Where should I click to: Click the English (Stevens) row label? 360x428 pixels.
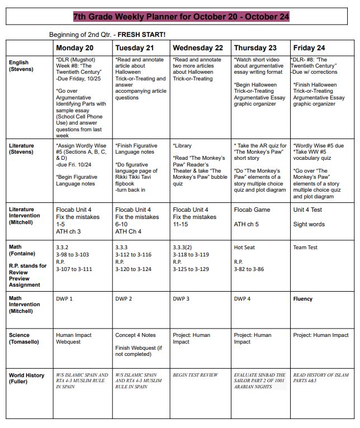click(x=22, y=66)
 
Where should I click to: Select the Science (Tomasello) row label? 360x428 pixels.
click(x=26, y=339)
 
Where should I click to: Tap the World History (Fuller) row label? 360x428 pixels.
click(x=27, y=378)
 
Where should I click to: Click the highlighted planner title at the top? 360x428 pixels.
click(x=181, y=17)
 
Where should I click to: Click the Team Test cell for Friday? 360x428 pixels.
click(x=305, y=248)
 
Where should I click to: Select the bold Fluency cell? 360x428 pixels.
click(x=303, y=299)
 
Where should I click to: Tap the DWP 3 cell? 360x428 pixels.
click(x=181, y=299)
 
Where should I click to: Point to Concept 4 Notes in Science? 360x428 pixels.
click(x=135, y=335)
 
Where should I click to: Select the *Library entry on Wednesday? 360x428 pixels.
click(x=183, y=146)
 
